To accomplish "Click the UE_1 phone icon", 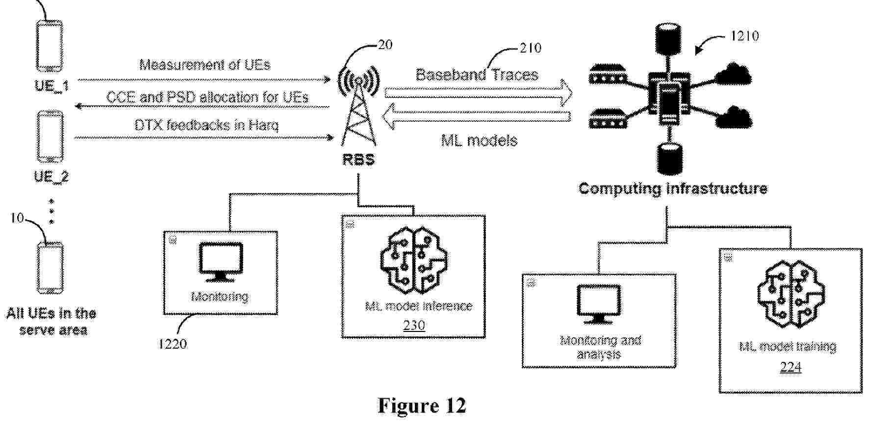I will tap(50, 46).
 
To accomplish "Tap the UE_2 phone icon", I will tap(51, 137).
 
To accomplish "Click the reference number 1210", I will tap(744, 36).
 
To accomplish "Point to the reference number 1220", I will tap(172, 344).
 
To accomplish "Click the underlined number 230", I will tap(414, 325).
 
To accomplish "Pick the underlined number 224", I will tap(790, 367).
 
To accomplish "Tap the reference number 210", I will tap(531, 48).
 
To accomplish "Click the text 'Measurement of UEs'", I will tap(204, 65).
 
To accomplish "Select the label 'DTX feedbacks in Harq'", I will tap(206, 125).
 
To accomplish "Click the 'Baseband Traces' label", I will tap(477, 75).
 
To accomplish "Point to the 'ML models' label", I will tap(479, 141).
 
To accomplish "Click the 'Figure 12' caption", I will tap(422, 406).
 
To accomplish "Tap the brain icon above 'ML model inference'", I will tap(414, 260).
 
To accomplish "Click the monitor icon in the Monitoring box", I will tap(220, 262).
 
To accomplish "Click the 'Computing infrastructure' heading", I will tap(673, 189).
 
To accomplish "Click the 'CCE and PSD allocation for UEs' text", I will tap(207, 97).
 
